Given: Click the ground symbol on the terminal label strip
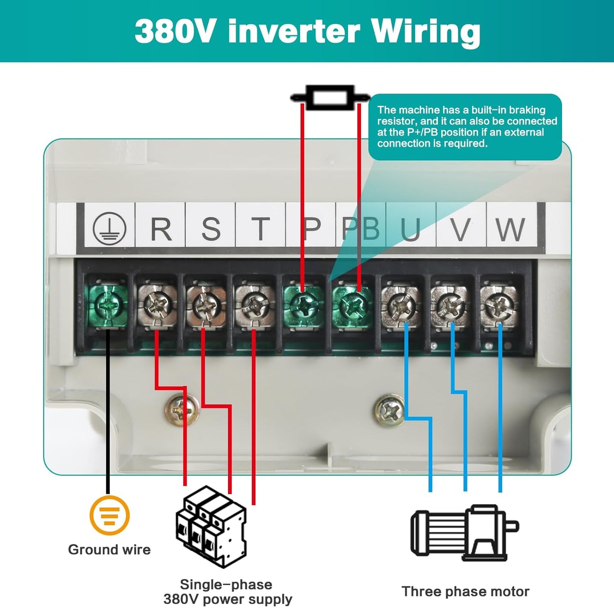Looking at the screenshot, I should point(109,229).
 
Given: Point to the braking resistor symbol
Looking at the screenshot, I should point(330,97).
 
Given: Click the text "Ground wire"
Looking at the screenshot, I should point(109,549).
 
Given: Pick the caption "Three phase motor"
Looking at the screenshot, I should point(465,591).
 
